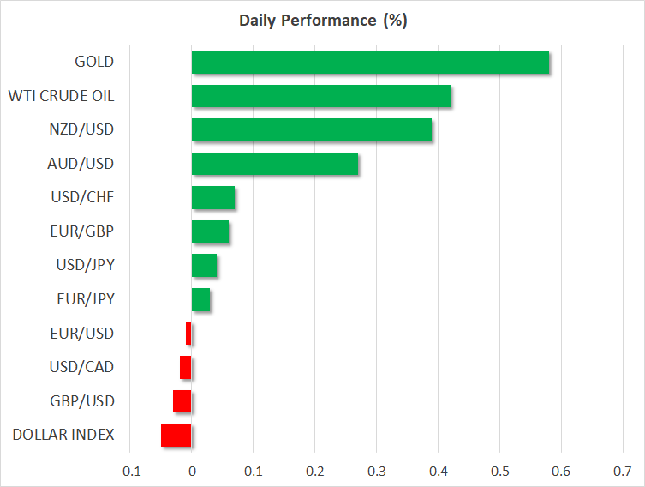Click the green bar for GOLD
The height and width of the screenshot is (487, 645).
pyautogui.click(x=370, y=63)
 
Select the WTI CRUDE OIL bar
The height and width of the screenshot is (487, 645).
pyautogui.click(x=320, y=96)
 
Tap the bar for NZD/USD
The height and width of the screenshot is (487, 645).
pyautogui.click(x=311, y=130)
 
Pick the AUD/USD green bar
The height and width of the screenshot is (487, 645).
pyautogui.click(x=274, y=164)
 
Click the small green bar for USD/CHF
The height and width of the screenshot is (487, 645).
pyautogui.click(x=212, y=198)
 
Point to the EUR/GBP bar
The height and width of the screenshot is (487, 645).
pyautogui.click(x=210, y=231)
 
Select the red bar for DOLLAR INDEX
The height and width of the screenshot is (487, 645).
pyautogui.click(x=176, y=435)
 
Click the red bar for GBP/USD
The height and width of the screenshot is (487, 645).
pyautogui.click(x=182, y=401)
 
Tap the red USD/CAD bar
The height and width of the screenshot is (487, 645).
pyautogui.click(x=186, y=367)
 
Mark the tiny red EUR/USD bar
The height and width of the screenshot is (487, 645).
pyautogui.click(x=188, y=334)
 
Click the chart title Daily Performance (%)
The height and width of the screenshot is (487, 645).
pyautogui.click(x=322, y=21)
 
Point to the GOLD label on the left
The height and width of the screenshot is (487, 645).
pyautogui.click(x=94, y=62)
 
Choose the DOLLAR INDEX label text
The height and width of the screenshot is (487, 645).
pyautogui.click(x=63, y=435)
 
